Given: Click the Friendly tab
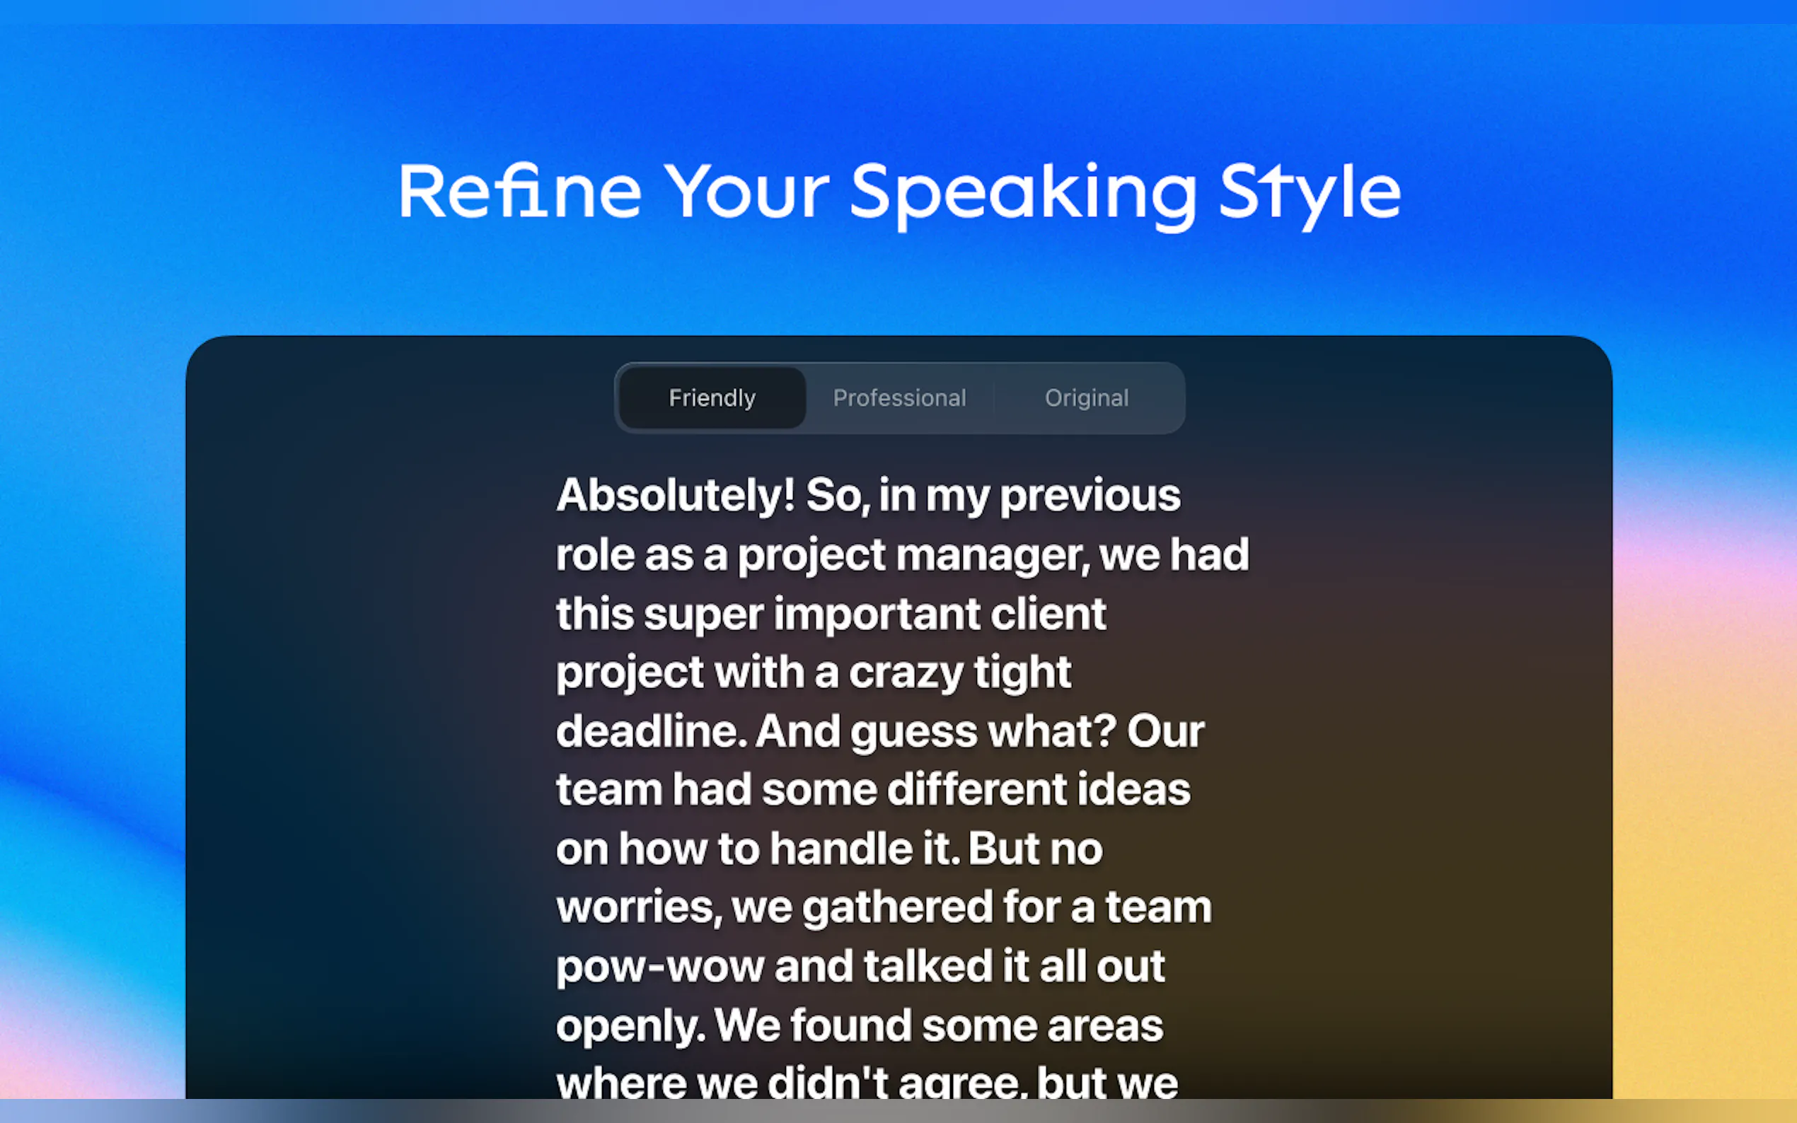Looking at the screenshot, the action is pos(712,398).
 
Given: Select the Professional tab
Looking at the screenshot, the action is pos(900,398).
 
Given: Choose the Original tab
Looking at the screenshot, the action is pos(1087,398).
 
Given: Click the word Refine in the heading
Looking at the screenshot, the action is pos(520,192).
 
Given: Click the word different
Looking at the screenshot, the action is pos(977,789).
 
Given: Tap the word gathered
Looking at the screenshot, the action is pos(897,908).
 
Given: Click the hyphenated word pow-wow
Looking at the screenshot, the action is pos(660,967).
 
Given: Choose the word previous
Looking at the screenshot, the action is pos(1090,496).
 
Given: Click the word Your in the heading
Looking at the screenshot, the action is pos(746,192).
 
